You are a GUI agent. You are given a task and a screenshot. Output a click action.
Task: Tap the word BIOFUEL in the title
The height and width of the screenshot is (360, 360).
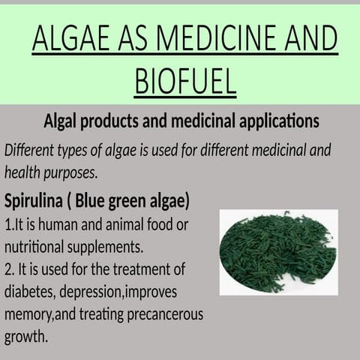pyautogui.click(x=185, y=81)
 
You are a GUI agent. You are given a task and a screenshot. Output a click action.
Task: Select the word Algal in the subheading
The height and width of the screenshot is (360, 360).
pyautogui.click(x=63, y=121)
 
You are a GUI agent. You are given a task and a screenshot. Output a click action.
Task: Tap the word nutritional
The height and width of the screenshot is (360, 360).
pyautogui.click(x=36, y=247)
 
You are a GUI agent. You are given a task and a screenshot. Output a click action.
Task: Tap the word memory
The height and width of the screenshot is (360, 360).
pyautogui.click(x=27, y=313)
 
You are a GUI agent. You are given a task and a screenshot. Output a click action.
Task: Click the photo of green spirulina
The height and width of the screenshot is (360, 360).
pyautogui.click(x=278, y=252)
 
